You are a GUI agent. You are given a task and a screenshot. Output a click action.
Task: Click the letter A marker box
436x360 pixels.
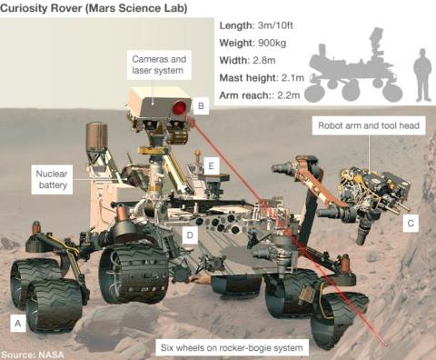point(17,321)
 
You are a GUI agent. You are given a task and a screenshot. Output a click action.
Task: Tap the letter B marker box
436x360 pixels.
point(202,107)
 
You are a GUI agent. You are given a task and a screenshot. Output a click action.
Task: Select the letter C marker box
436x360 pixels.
point(410,222)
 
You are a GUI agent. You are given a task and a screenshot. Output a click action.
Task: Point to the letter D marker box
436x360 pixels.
point(190,235)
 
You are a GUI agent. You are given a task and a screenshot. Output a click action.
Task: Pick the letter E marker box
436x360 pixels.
point(211,166)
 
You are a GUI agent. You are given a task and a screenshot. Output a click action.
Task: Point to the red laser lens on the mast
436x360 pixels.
point(179,109)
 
